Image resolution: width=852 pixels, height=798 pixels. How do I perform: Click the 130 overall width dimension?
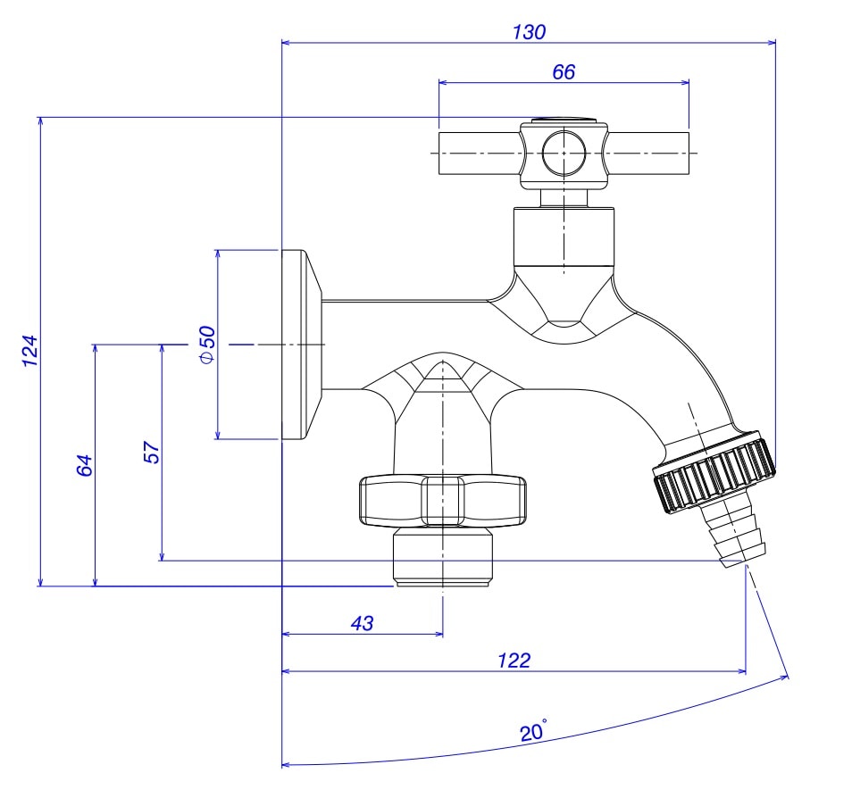[x=529, y=31]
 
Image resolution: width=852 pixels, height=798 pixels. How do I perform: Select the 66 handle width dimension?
[x=564, y=72]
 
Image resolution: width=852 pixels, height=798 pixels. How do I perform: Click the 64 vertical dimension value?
[x=85, y=465]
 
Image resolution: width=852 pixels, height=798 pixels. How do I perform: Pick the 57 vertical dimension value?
[x=151, y=453]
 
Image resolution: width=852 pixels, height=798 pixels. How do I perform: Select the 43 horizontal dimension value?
[x=362, y=623]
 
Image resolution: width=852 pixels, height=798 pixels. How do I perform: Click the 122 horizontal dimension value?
[x=514, y=661]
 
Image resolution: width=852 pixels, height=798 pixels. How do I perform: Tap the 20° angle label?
[x=533, y=733]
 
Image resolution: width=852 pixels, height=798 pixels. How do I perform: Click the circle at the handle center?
[x=564, y=152]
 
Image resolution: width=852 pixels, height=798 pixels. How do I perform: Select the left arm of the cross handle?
[x=479, y=153]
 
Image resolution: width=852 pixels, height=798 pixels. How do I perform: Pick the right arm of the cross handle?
[x=648, y=153]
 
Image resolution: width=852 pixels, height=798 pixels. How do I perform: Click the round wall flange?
[x=300, y=345]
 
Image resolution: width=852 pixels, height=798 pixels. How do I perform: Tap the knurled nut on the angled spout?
[x=714, y=472]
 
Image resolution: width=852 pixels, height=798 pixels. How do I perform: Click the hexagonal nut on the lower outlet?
[x=443, y=501]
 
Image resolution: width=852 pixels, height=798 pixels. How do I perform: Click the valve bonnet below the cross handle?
[x=564, y=236]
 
